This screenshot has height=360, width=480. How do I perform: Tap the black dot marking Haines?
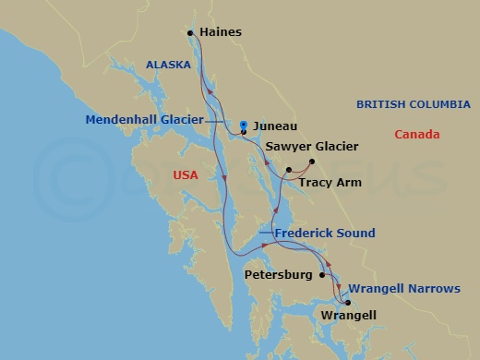point(190,33)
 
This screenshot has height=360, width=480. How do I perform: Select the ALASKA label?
point(168,65)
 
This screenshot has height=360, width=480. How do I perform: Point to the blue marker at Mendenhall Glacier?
point(242,125)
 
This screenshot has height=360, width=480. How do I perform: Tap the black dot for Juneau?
point(243,133)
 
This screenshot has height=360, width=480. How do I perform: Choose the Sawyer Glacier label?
point(311,147)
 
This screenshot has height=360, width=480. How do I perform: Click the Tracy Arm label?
point(329,183)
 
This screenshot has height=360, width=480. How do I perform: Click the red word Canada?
point(416,135)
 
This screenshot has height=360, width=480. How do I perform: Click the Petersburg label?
point(279,275)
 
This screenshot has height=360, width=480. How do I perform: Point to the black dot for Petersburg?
point(321,274)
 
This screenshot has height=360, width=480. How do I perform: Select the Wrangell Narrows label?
point(404,289)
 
